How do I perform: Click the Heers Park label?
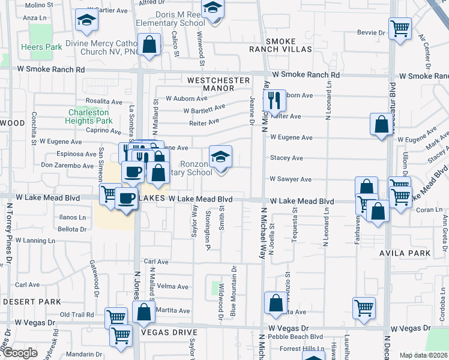(41, 47)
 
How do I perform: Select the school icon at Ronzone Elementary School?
(220, 157)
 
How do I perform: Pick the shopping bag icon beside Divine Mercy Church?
(149, 44)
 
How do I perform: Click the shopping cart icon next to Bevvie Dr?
(400, 28)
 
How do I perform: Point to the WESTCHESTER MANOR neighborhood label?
(210, 84)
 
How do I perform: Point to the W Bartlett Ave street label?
(204, 109)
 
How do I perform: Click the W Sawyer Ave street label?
(291, 179)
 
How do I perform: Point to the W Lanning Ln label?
(35, 240)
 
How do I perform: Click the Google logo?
(20, 353)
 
